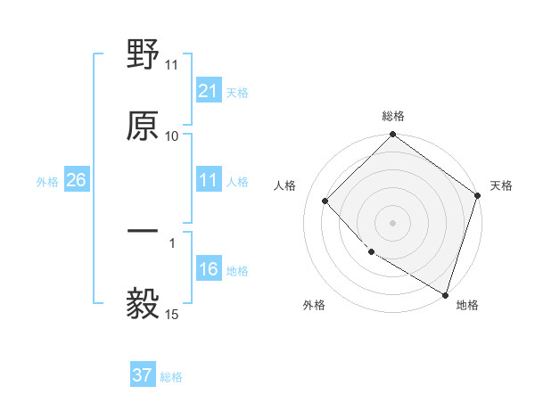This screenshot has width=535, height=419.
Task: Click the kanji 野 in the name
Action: [143, 55]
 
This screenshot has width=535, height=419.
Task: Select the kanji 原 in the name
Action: [143, 126]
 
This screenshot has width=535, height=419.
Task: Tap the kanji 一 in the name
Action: [143, 232]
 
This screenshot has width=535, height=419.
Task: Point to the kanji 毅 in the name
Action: [143, 303]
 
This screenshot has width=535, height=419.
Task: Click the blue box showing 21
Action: [208, 91]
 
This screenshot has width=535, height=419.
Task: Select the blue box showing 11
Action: [208, 181]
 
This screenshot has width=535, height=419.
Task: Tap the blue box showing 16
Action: [208, 270]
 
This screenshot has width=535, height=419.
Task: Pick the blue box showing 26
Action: [76, 181]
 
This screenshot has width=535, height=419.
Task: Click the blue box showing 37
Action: [143, 375]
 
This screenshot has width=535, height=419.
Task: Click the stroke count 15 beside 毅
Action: [172, 314]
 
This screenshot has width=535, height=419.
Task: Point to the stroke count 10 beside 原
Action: [172, 136]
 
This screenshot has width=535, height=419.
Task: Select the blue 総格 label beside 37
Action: [171, 377]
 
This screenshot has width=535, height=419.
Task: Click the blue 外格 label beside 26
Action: [47, 182]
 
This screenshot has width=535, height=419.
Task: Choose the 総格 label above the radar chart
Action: [393, 117]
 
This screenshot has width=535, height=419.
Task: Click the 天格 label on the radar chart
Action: [502, 185]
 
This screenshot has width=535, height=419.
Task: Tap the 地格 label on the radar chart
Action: [467, 305]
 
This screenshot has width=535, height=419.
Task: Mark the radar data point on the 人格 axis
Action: [325, 201]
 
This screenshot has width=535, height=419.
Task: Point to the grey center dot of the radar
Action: [393, 222]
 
